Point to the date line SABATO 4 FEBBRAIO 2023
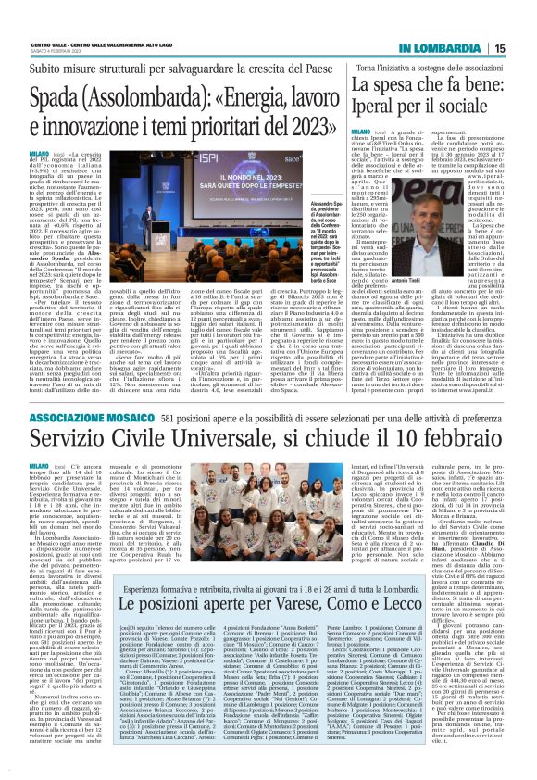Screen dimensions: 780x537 [54, 51]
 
